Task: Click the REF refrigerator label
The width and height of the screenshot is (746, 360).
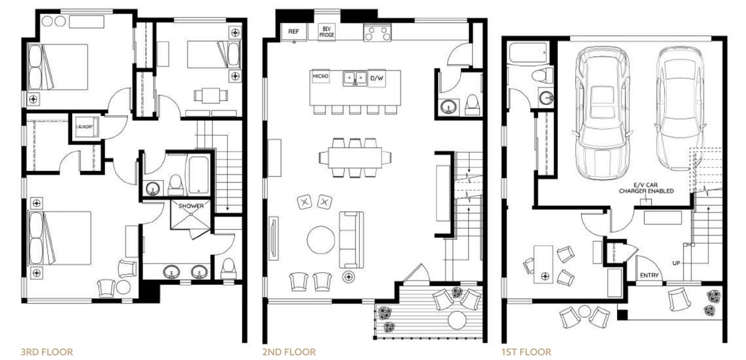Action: [x=294, y=31]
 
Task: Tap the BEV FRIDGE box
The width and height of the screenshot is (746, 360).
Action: [x=327, y=31]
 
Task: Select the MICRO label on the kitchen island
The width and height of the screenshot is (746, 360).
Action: [x=319, y=77]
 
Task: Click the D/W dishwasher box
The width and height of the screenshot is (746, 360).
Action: [x=377, y=78]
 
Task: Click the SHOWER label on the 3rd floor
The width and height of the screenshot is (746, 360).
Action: [x=191, y=206]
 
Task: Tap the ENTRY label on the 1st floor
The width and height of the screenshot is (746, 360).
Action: [x=649, y=276]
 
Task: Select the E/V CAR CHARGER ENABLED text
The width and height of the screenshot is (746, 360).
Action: [x=646, y=188]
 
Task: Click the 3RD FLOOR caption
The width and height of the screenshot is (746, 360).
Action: [x=47, y=352]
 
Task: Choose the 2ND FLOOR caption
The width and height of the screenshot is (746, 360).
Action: [x=289, y=352]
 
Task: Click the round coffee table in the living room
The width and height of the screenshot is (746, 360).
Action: [x=321, y=240]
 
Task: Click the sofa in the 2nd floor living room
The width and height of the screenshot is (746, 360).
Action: [x=351, y=239]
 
